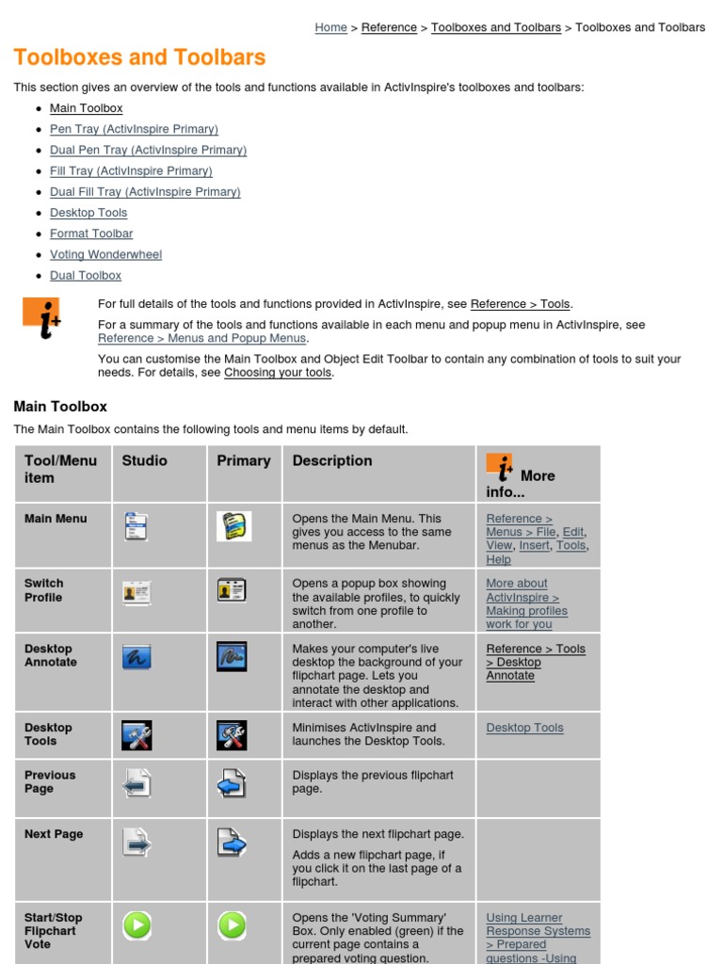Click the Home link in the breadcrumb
click(x=330, y=27)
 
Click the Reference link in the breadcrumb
click(x=389, y=27)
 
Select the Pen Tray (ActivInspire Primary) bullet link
click(x=134, y=129)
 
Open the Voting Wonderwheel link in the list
click(x=105, y=254)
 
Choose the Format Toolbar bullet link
click(x=91, y=233)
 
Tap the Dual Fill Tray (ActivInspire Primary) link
click(x=145, y=192)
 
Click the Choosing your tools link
click(x=278, y=372)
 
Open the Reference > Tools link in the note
click(x=520, y=304)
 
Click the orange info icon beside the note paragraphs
click(x=41, y=318)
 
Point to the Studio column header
click(x=144, y=460)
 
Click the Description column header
click(x=331, y=460)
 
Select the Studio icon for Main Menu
click(x=137, y=525)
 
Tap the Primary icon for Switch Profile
click(x=232, y=590)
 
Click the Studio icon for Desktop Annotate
click(x=137, y=656)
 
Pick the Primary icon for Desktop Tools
click(x=232, y=735)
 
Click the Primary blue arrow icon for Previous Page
click(x=232, y=783)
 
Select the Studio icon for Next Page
click(x=137, y=842)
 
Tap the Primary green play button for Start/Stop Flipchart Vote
click(x=232, y=925)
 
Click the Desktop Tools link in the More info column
click(x=524, y=728)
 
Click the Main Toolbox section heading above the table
click(x=60, y=407)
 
